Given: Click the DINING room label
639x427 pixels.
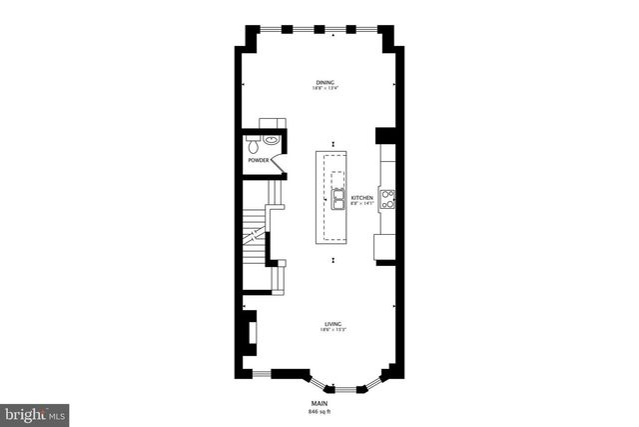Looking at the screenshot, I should pyautogui.click(x=324, y=83).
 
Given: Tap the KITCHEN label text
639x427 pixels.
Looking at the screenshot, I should pyautogui.click(x=362, y=198).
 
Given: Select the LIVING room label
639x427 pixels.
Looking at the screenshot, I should pyautogui.click(x=332, y=323).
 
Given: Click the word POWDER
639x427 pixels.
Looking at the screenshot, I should pyautogui.click(x=260, y=160).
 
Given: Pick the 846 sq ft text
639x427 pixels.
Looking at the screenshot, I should pyautogui.click(x=319, y=411).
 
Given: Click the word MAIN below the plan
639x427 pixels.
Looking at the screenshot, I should pyautogui.click(x=319, y=403).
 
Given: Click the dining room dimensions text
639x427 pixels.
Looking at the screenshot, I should pyautogui.click(x=324, y=89).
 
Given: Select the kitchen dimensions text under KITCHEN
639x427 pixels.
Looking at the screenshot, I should pyautogui.click(x=362, y=204).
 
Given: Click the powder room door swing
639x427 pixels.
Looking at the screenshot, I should pyautogui.click(x=279, y=160).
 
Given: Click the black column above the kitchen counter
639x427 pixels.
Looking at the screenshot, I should pyautogui.click(x=384, y=136).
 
